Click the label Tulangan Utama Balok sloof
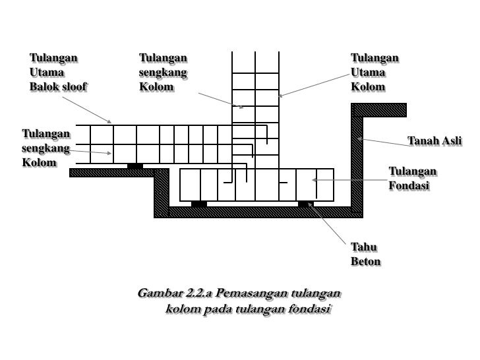57,72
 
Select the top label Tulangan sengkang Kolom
163,72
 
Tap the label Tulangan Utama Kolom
375,72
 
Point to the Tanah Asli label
435,140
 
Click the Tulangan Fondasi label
412,179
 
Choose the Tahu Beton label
365,254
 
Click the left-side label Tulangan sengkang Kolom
45,148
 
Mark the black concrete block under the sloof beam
135,165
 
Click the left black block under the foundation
199,204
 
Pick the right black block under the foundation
306,204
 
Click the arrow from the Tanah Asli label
382,144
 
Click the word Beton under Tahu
366,262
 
